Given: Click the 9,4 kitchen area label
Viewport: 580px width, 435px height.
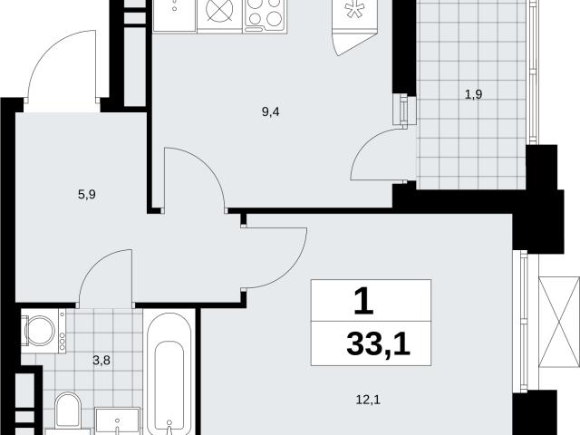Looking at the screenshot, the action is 270,111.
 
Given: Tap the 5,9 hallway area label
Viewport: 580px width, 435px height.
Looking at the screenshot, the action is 87,194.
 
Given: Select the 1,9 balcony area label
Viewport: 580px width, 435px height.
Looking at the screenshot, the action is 473,94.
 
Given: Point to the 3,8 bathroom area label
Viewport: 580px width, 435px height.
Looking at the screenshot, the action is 101,361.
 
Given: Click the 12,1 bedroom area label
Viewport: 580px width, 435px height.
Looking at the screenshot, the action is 368,400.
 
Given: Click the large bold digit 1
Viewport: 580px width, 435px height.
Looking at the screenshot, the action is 364,301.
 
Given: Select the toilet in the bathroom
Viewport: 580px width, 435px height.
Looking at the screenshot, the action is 68,411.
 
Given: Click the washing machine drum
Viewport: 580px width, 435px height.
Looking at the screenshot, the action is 40,331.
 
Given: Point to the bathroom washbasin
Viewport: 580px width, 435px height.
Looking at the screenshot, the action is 117,421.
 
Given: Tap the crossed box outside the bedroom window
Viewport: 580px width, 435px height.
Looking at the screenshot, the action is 559,322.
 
